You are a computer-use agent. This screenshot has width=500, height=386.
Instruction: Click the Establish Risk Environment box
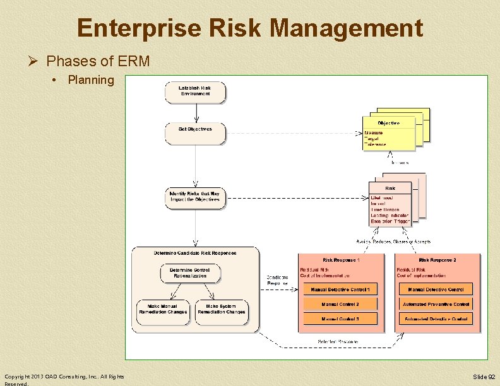(x=194, y=91)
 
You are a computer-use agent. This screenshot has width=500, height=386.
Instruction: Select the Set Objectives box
(x=194, y=133)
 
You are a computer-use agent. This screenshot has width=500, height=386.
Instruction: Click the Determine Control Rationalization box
(x=194, y=273)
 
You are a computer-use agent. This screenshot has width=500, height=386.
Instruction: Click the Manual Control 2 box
(x=340, y=304)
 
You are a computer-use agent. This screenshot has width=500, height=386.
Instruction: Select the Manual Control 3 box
(x=340, y=319)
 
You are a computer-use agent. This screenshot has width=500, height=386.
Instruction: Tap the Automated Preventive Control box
(x=436, y=304)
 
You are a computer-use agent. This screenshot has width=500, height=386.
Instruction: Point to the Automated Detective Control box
(x=436, y=319)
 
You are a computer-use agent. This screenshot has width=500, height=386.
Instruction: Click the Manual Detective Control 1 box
(x=340, y=289)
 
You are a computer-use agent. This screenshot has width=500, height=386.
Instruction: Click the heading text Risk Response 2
(x=437, y=260)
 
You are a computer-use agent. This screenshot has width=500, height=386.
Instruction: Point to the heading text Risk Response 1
(x=341, y=260)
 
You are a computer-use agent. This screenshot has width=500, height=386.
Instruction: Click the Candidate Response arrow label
(x=278, y=280)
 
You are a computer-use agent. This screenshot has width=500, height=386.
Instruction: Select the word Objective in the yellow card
(x=389, y=123)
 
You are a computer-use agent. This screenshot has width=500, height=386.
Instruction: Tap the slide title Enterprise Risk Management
(x=250, y=28)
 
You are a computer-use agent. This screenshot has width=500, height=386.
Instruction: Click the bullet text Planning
(x=91, y=80)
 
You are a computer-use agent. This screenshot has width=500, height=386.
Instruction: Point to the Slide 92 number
(x=484, y=377)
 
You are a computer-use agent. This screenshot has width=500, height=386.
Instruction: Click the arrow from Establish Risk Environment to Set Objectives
(x=197, y=112)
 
